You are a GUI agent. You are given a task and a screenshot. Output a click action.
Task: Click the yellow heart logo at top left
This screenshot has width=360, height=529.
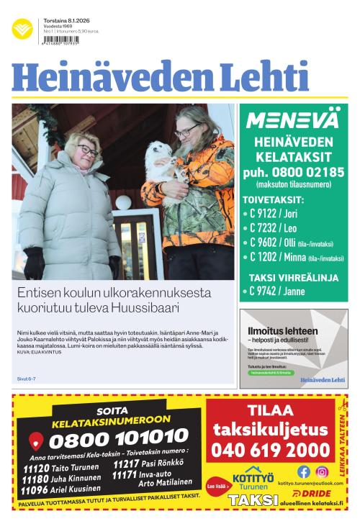(x=22, y=30)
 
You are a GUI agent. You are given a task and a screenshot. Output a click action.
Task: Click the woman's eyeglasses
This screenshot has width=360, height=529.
(x=86, y=151)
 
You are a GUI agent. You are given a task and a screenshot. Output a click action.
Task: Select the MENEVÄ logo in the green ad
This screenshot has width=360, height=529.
(x=292, y=119)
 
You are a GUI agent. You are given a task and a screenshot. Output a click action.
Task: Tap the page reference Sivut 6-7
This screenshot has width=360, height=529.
(x=27, y=379)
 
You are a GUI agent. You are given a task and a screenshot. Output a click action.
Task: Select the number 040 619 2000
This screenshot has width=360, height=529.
(x=271, y=451)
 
